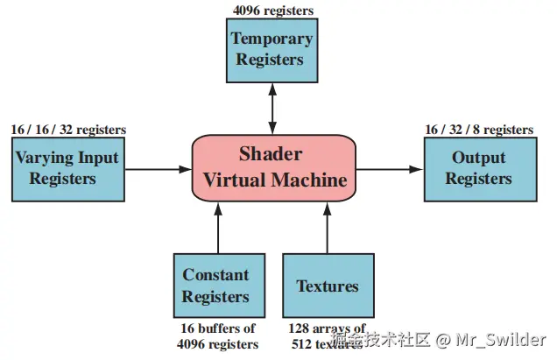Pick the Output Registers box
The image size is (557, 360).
(x=478, y=168)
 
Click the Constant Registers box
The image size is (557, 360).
(x=215, y=286)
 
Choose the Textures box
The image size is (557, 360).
(x=328, y=286)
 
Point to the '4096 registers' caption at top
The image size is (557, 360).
(x=272, y=11)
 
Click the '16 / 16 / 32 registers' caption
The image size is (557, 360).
(x=68, y=130)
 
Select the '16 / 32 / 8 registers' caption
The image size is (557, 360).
(x=479, y=130)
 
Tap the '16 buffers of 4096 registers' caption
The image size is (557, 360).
(x=216, y=336)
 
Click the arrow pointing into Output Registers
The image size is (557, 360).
(x=389, y=168)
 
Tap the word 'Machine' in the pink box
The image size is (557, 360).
(x=310, y=180)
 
